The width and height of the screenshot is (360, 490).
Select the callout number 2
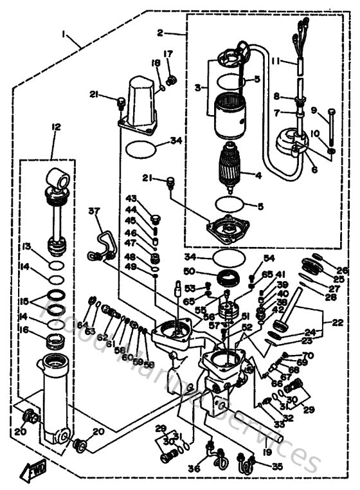coord(160,32)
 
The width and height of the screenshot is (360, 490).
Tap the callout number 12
coord(55,128)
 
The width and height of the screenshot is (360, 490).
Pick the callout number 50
coord(206,271)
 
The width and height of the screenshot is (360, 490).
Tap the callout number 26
coord(342,270)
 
